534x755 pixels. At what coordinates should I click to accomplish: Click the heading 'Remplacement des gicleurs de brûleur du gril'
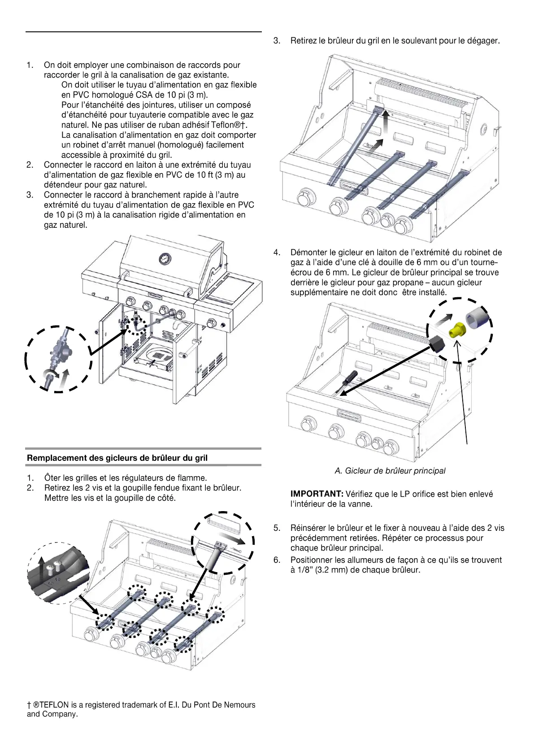117,458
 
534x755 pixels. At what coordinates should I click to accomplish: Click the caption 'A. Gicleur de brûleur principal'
390,471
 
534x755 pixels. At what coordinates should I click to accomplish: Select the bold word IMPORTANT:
317,494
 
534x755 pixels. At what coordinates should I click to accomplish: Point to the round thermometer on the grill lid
165,259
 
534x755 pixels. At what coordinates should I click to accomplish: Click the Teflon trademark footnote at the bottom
141,709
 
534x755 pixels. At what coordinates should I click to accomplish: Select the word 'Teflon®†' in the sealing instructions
228,125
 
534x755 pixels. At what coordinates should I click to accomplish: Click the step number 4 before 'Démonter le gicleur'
277,252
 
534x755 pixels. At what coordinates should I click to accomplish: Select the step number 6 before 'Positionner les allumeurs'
277,560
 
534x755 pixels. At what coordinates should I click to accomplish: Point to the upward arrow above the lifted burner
385,121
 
